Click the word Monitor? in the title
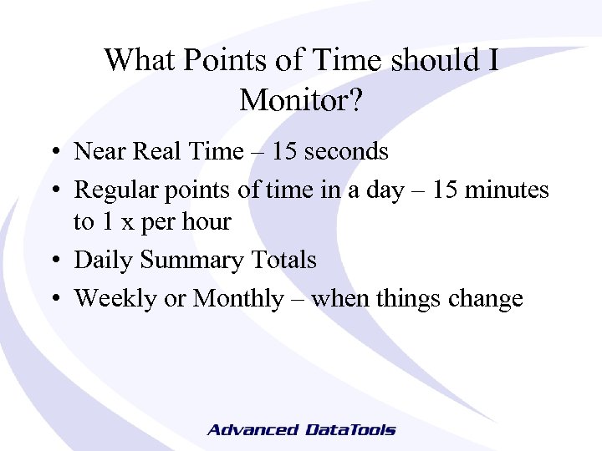point(301,100)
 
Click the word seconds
point(346,151)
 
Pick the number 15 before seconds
point(285,151)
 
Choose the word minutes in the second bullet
point(508,190)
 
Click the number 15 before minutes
point(446,190)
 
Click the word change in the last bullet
point(486,299)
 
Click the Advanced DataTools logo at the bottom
point(301,430)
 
